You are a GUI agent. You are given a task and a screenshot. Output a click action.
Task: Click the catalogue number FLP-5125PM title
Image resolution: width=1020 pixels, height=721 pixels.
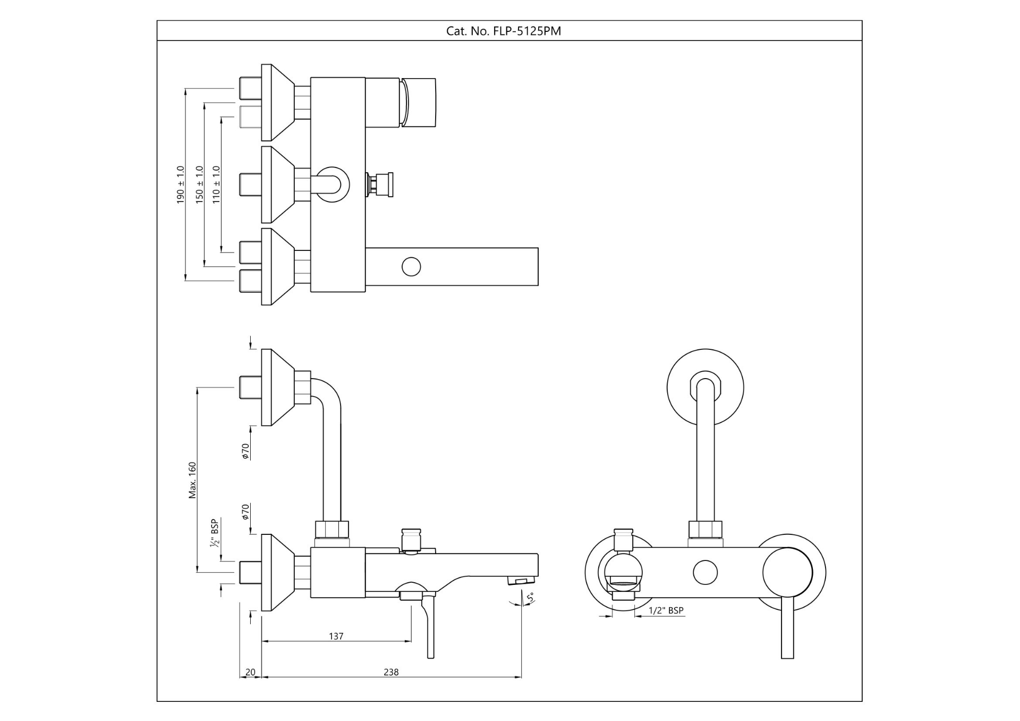pos(503,31)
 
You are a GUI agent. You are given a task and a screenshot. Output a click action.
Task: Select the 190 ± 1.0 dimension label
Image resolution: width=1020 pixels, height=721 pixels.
pos(181,185)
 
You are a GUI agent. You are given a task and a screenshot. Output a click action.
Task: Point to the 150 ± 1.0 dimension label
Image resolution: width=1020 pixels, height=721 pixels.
pos(200,185)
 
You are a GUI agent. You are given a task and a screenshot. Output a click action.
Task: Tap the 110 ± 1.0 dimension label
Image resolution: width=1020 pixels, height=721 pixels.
pos(216,185)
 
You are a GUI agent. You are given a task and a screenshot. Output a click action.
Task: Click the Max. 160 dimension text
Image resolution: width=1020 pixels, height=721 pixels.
pos(192,480)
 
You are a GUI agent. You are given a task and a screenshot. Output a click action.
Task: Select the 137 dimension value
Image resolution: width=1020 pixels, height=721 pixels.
pos(336,636)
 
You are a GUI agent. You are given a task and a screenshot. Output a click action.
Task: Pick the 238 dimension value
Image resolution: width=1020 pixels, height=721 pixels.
pos(391,672)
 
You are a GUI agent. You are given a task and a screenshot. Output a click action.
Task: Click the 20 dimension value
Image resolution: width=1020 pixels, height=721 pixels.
pos(250,672)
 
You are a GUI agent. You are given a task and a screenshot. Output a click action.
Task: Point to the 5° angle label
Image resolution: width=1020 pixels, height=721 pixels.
pos(529,598)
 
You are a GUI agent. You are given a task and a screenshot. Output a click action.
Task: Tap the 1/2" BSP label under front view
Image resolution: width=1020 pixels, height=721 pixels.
pos(666,610)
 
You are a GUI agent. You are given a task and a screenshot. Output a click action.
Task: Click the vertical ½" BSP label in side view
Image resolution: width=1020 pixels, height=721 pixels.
pos(215,533)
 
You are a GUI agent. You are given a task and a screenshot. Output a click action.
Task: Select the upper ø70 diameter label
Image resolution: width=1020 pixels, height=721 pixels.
pos(245,451)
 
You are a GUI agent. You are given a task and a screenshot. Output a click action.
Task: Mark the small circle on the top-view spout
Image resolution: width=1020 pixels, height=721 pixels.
pos(411,266)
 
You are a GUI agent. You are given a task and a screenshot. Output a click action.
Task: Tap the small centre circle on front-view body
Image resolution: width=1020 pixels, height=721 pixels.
pos(705,572)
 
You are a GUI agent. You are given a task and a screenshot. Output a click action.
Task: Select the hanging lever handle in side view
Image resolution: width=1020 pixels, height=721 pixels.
pos(430,627)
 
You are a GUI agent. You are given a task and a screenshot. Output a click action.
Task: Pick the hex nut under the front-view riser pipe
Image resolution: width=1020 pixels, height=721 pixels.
pos(705,530)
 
